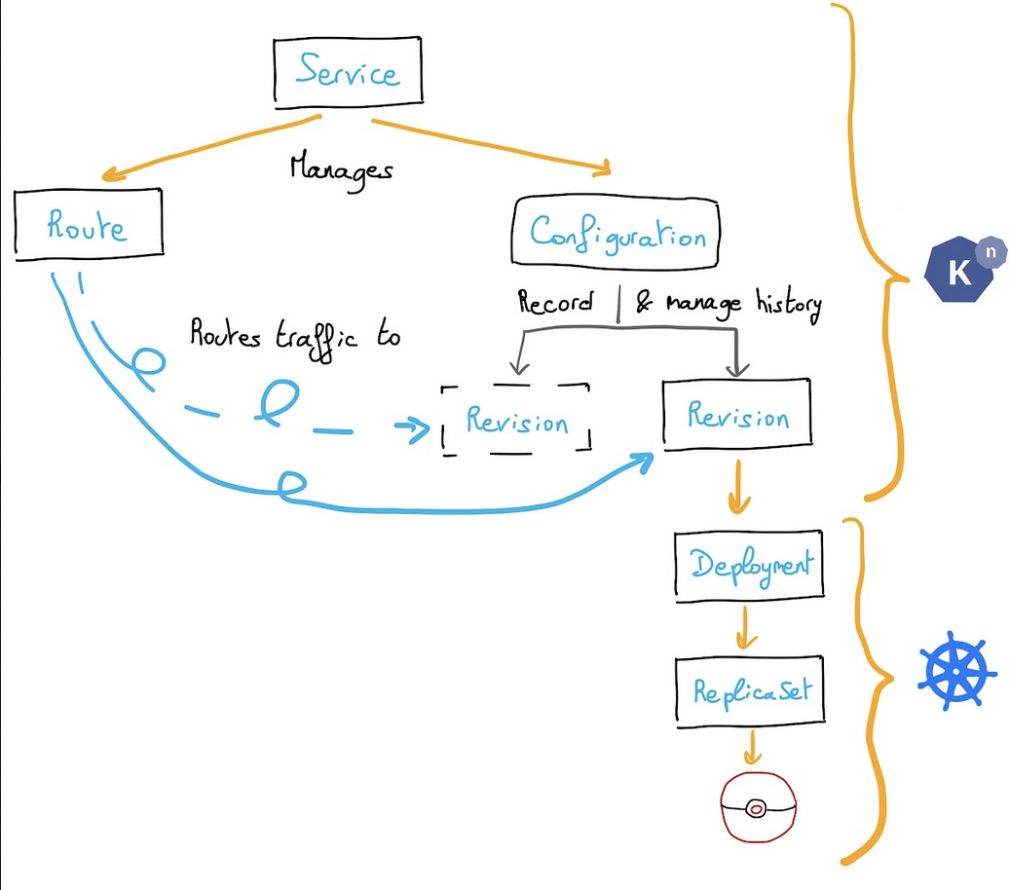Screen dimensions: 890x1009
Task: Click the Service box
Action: [x=348, y=71]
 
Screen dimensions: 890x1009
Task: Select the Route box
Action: [x=88, y=226]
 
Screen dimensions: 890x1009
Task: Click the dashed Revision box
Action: [x=516, y=419]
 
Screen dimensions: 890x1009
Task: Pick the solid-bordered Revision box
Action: [x=737, y=416]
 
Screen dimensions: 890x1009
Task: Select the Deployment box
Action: [x=748, y=566]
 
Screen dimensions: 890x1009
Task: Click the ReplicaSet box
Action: [x=750, y=690]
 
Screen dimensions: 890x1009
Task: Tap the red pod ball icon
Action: [x=758, y=807]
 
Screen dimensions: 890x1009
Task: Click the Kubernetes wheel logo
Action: [x=956, y=671]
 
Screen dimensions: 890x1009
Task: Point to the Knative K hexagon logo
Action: [x=959, y=273]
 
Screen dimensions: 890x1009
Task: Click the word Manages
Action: [x=341, y=168]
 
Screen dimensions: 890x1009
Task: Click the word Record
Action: [x=555, y=303]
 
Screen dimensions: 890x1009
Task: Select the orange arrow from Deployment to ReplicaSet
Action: [x=745, y=629]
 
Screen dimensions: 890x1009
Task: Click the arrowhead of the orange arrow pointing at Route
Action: [x=112, y=176]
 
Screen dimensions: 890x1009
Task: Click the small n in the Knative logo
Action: [x=990, y=250]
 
